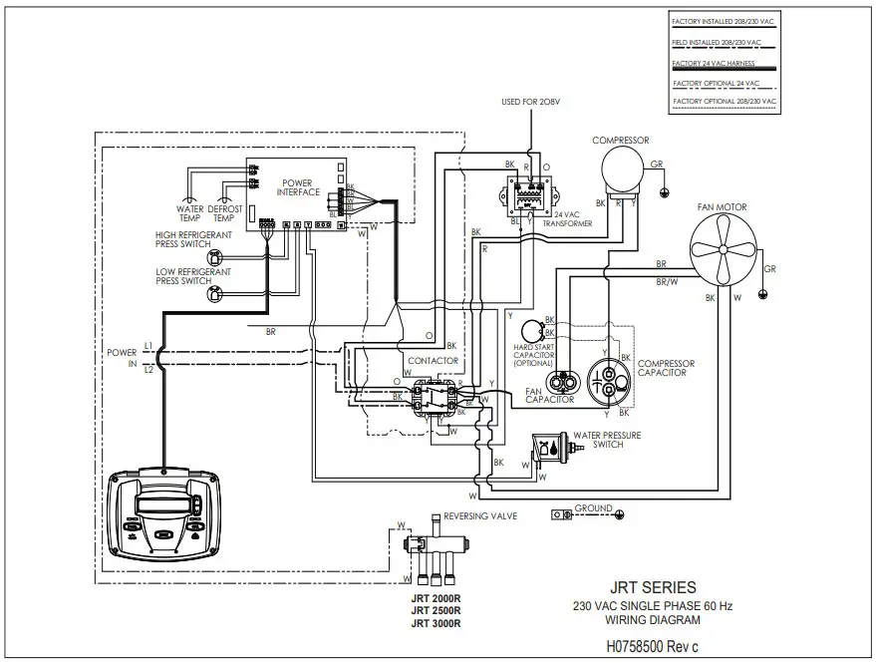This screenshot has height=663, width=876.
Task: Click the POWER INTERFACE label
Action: click(x=298, y=186)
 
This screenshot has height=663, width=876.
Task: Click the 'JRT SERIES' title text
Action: click(x=653, y=587)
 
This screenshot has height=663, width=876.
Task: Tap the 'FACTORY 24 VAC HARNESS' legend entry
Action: click(x=719, y=62)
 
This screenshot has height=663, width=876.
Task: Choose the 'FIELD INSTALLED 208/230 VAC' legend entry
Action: click(x=718, y=43)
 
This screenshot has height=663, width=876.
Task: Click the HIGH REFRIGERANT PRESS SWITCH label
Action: click(x=193, y=239)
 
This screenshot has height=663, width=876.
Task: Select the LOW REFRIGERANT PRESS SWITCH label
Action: click(x=193, y=276)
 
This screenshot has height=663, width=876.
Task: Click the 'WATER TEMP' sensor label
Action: click(x=189, y=213)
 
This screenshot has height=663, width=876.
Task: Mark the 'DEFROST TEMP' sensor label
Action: click(x=226, y=213)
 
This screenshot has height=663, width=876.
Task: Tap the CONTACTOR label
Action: click(x=434, y=360)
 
